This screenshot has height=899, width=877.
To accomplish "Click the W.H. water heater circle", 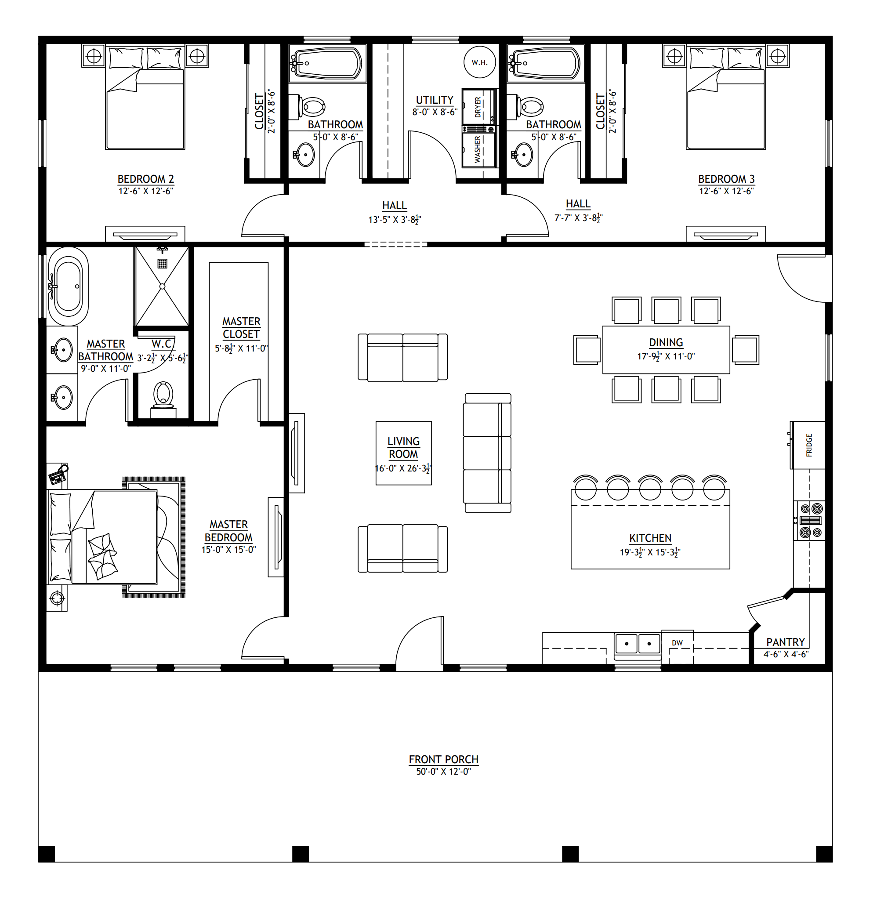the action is click(x=479, y=62).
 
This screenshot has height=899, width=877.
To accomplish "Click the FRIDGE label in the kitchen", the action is click(x=809, y=445).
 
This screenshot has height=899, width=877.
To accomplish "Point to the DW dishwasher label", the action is click(x=677, y=643).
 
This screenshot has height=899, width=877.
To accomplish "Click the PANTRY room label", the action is click(x=785, y=642).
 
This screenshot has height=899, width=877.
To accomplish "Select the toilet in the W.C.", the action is click(x=163, y=395).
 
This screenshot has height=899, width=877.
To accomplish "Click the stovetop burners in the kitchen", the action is click(x=811, y=520).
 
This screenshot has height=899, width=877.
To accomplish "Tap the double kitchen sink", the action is click(x=638, y=643).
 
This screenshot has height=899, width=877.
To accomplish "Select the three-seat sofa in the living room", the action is click(x=488, y=453).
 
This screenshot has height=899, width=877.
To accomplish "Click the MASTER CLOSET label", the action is click(x=241, y=327).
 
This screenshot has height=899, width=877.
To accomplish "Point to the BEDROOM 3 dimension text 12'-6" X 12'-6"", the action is click(x=726, y=191).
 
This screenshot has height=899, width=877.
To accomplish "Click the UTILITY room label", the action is click(x=435, y=100).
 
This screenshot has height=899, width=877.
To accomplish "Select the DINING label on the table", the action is click(x=666, y=342).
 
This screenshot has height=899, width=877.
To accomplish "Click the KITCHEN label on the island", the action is click(x=650, y=538).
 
